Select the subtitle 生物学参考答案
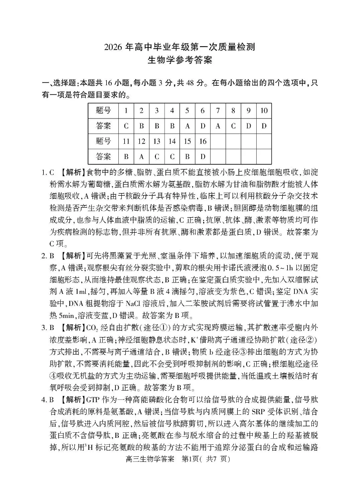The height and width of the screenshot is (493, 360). point(180,61)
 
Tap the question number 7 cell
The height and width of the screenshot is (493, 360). point(218,110)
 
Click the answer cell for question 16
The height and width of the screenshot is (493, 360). point(203,156)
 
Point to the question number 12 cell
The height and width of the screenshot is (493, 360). point(141,141)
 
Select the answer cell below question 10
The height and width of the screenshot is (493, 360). point(264,126)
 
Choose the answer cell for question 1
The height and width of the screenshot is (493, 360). point(126,126)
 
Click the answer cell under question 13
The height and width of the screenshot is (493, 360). point(156,156)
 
